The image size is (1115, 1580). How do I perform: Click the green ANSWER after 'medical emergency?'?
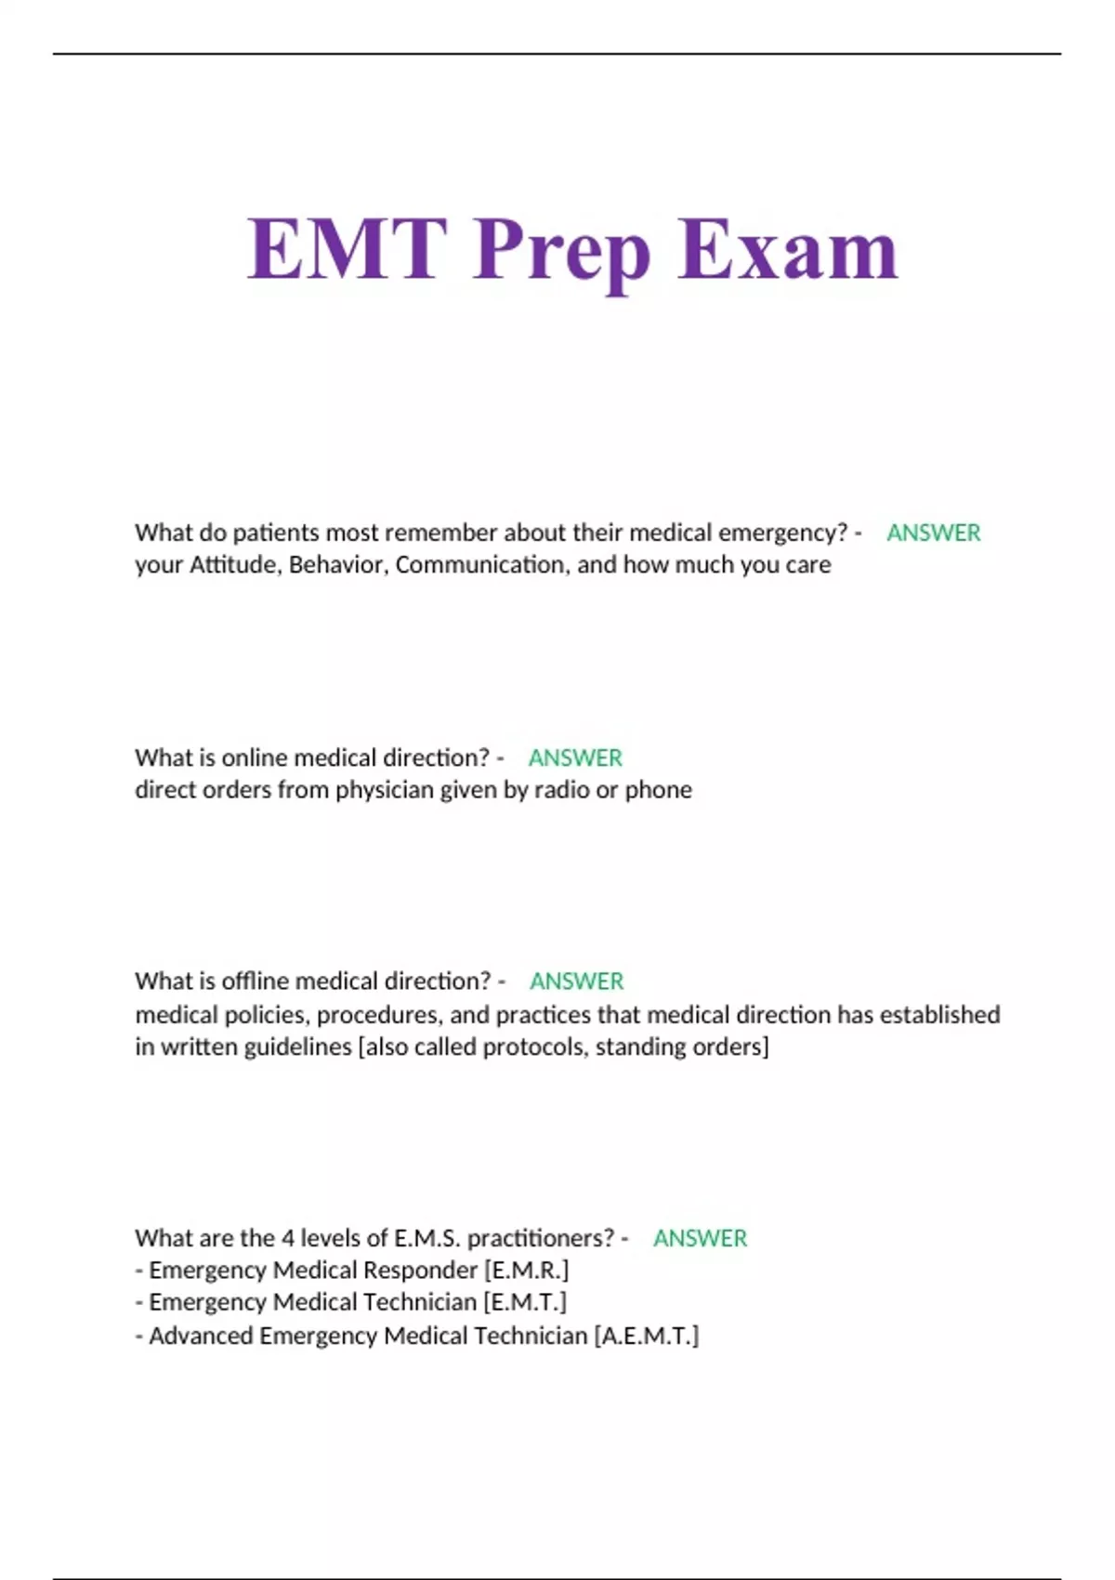[x=933, y=533]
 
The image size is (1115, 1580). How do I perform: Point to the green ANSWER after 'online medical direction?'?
[x=575, y=757]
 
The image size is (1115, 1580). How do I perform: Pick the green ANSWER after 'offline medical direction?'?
[x=576, y=981]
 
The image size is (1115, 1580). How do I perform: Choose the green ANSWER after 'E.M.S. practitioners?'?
[x=700, y=1238]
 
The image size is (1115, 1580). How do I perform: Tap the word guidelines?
[x=297, y=1047]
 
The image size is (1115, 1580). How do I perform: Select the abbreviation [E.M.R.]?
[x=526, y=1271]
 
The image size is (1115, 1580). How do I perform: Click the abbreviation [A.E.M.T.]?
[x=646, y=1336]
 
